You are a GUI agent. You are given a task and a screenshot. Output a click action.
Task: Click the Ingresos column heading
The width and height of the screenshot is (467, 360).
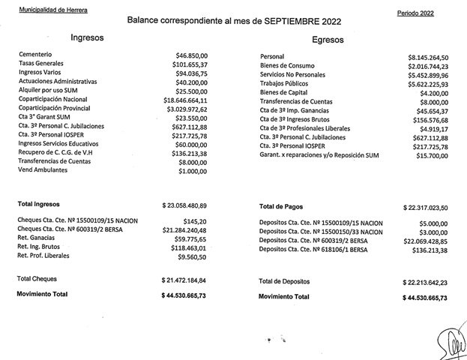coord(87,37)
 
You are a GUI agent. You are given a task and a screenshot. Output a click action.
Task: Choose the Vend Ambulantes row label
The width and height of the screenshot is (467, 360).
coord(43,170)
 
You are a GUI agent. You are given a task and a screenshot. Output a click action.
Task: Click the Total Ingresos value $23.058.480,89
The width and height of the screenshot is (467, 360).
coord(184,205)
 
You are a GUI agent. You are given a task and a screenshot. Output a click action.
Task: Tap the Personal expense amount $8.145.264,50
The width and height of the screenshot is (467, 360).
coord(427,58)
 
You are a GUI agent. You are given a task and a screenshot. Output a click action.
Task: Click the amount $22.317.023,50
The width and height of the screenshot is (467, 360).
coord(425,207)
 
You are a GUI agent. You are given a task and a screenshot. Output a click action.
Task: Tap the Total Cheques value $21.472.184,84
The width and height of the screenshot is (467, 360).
coord(184,280)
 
